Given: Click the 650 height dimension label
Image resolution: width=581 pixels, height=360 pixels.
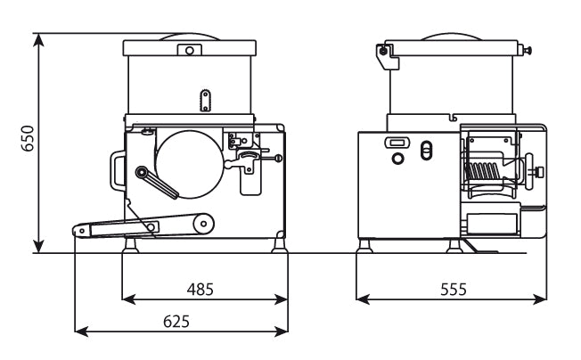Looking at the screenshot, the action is [28, 138].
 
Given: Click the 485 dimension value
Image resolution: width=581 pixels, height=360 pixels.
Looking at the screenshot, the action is [200, 290].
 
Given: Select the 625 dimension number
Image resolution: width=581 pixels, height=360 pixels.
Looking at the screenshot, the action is [176, 322].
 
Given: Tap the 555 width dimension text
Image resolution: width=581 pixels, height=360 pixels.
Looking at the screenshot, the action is [454, 290].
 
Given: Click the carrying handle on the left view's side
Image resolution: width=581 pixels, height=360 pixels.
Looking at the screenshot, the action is [116, 171].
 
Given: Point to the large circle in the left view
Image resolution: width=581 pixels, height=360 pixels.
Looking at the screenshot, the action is [190, 164].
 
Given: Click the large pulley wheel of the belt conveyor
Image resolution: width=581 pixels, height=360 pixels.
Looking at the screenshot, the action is [203, 224].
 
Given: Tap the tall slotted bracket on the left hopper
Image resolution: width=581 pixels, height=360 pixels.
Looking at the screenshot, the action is [205, 101].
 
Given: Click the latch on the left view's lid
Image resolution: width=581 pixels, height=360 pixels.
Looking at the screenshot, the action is [189, 50].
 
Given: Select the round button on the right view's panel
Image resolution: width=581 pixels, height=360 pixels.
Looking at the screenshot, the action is [397, 159].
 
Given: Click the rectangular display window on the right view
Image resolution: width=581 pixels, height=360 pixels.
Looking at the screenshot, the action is [397, 143].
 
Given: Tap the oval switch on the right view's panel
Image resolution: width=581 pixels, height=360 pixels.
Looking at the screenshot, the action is [426, 151].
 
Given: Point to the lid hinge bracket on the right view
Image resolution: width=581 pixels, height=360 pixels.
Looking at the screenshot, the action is [387, 55].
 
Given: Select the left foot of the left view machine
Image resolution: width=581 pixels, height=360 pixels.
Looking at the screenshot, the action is [130, 245].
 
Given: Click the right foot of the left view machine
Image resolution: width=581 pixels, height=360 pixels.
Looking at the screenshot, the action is [280, 245].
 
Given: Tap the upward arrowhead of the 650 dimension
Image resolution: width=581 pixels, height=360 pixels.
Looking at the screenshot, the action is [38, 39].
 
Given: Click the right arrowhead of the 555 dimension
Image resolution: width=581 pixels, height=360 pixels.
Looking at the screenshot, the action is [539, 299].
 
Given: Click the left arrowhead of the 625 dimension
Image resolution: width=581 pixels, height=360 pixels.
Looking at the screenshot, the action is [82, 331].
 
